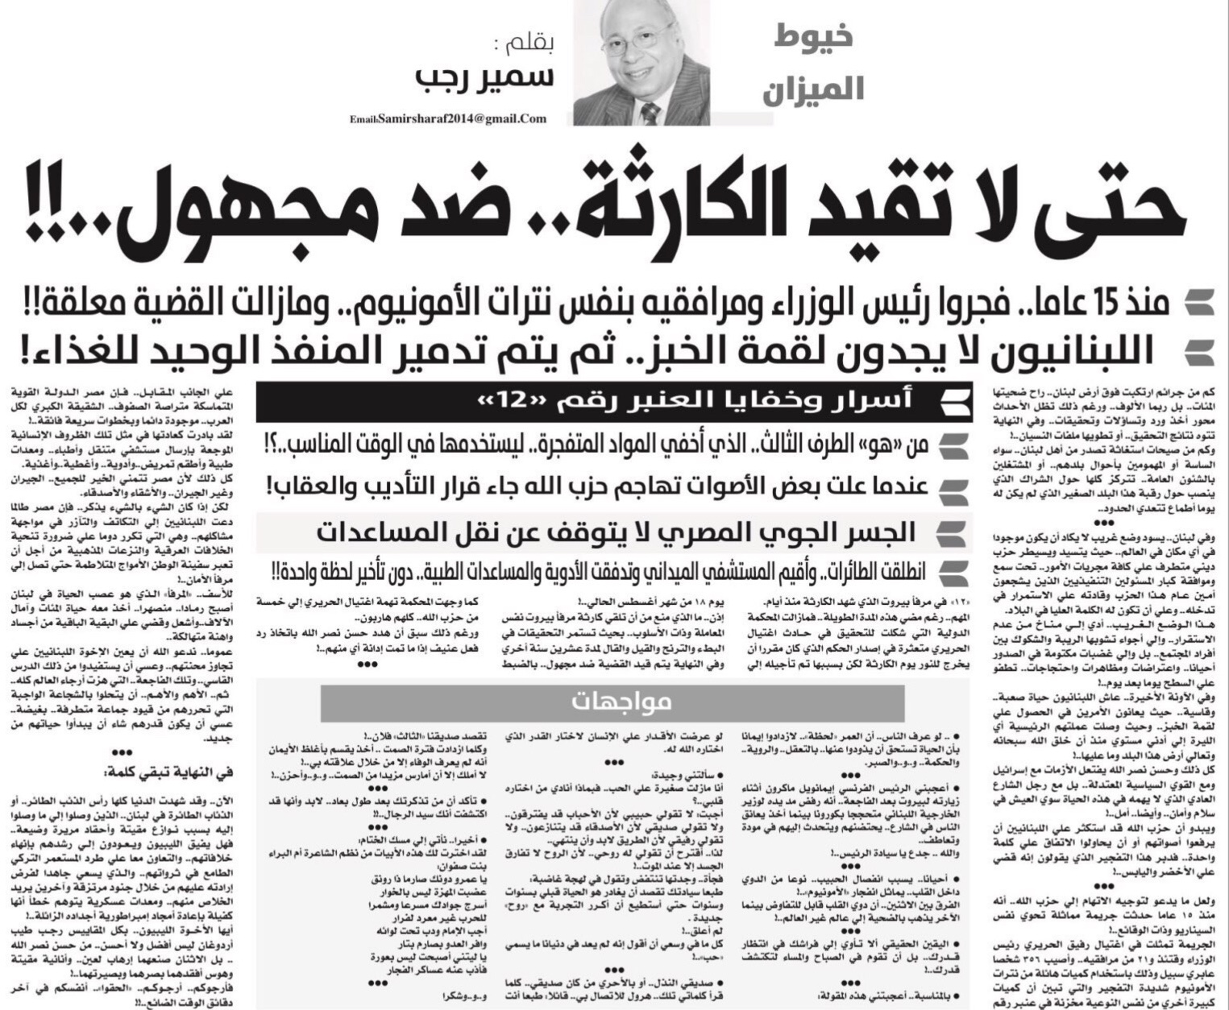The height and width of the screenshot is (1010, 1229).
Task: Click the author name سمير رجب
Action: pyautogui.click(x=484, y=77)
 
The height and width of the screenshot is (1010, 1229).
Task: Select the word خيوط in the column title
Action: pyautogui.click(x=813, y=35)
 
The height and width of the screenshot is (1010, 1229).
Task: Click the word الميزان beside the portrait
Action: pyautogui.click(x=812, y=88)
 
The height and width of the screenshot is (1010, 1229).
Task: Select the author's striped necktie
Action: pyautogui.click(x=650, y=111)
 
